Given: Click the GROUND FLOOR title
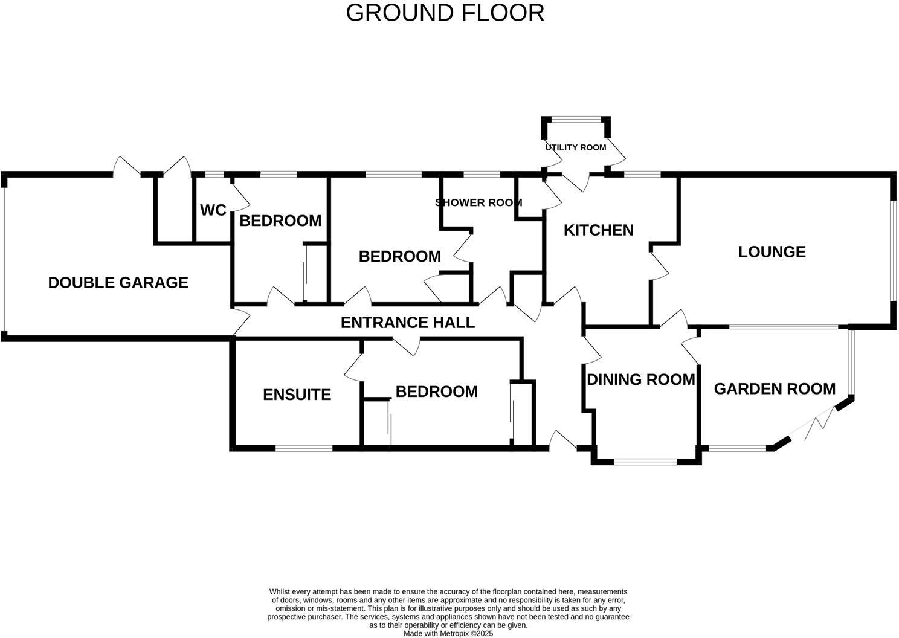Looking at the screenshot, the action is pyautogui.click(x=445, y=13).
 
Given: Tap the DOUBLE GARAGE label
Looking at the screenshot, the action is pyautogui.click(x=118, y=282).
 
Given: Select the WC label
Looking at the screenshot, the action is pyautogui.click(x=213, y=210).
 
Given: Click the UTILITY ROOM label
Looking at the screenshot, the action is pyautogui.click(x=575, y=147).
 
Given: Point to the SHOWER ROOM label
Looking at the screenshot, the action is pyautogui.click(x=478, y=202).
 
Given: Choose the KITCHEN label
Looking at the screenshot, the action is pyautogui.click(x=598, y=230).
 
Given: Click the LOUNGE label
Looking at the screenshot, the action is pyautogui.click(x=772, y=251).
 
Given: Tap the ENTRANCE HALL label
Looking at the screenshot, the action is pyautogui.click(x=407, y=323).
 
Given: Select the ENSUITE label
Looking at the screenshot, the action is pyautogui.click(x=297, y=395).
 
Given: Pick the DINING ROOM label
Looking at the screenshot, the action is pyautogui.click(x=641, y=379).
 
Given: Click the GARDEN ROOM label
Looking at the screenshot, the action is pyautogui.click(x=775, y=388).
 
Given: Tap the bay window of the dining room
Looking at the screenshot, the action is pyautogui.click(x=645, y=462).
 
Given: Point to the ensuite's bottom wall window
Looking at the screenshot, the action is pyautogui.click(x=303, y=448).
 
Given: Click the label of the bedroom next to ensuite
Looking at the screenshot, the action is pyautogui.click(x=436, y=391).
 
